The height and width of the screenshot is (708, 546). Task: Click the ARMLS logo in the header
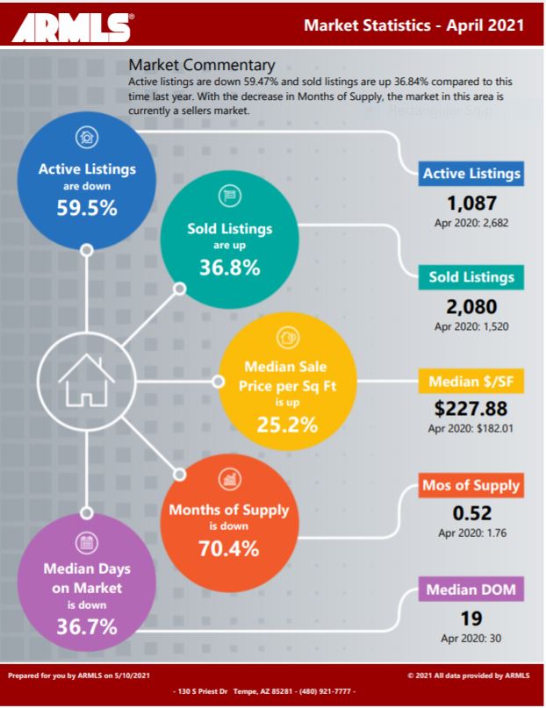click(x=71, y=26)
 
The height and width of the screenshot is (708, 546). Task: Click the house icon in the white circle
click(x=86, y=378)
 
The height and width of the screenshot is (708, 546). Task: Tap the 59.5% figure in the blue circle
click(x=86, y=210)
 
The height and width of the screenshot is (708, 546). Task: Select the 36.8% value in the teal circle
click(x=229, y=268)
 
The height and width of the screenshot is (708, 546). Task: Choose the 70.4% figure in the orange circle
click(x=229, y=550)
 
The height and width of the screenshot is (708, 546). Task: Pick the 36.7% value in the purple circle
click(x=87, y=627)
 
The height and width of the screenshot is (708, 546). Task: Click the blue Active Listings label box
click(x=471, y=174)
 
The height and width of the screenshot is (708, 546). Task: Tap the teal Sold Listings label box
click(x=471, y=277)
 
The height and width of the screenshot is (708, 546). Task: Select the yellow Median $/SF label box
click(x=471, y=383)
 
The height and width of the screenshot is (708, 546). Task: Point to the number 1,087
click(x=471, y=203)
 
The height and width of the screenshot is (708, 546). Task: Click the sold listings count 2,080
click(x=471, y=307)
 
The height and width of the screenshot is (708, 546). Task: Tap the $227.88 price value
click(x=471, y=410)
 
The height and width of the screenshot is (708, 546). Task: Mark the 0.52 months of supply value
click(x=471, y=513)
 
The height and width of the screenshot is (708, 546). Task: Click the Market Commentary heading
click(x=201, y=65)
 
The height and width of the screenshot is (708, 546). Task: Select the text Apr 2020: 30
click(x=471, y=638)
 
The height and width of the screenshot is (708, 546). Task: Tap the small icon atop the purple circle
click(x=87, y=542)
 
